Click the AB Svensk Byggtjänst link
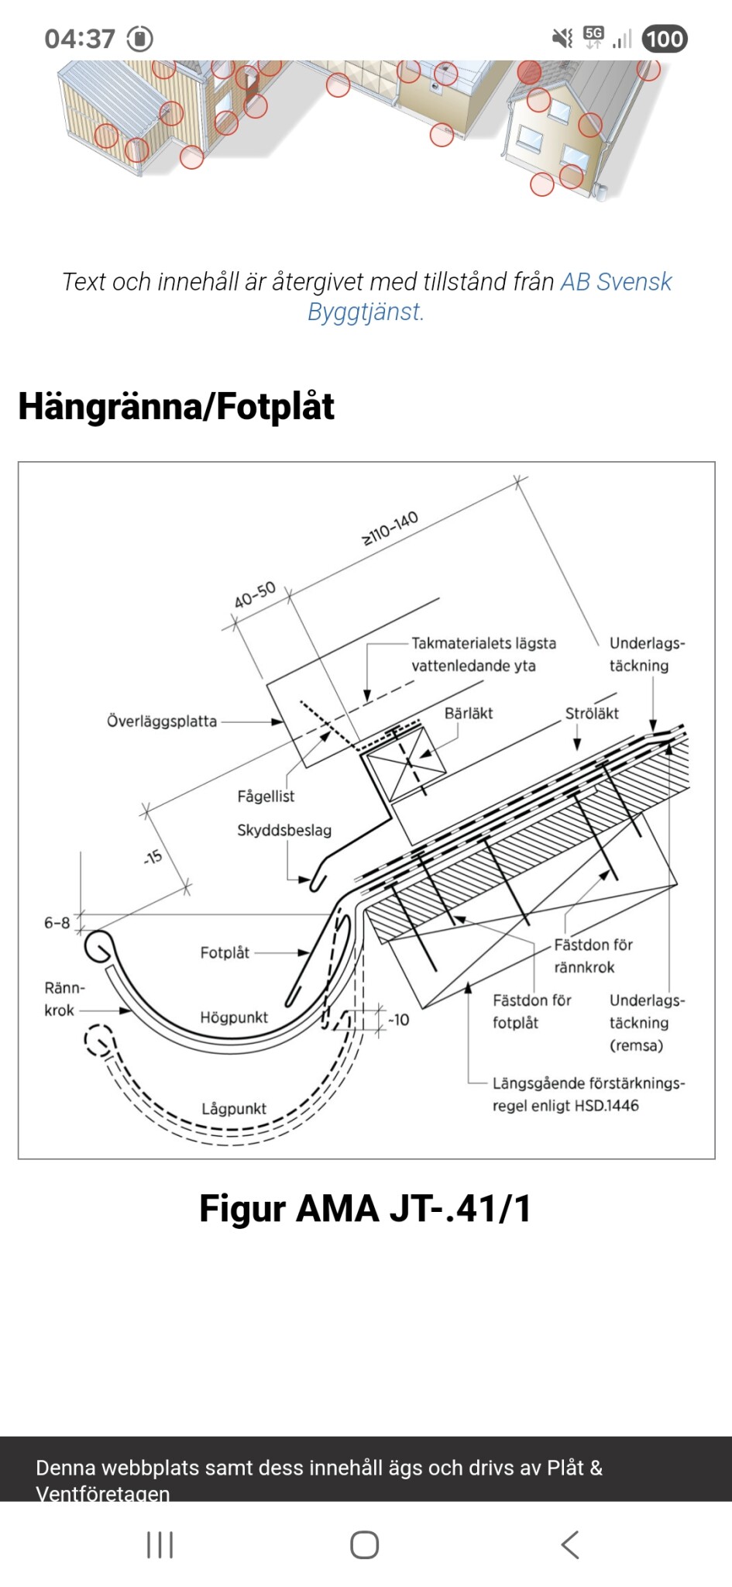(615, 282)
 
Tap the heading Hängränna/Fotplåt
(176, 406)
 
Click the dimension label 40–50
(255, 595)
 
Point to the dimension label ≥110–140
(390, 528)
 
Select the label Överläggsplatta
(161, 721)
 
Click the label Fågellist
(266, 796)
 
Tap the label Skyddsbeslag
(284, 830)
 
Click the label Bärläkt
(468, 713)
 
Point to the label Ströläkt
(591, 713)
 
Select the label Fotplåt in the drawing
(225, 952)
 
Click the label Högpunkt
(233, 1017)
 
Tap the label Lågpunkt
(233, 1109)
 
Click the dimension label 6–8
(57, 922)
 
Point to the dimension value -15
(153, 856)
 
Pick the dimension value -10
(398, 1020)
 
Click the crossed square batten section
(407, 763)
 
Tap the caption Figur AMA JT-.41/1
(366, 1208)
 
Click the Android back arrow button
(570, 1544)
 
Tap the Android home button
(365, 1544)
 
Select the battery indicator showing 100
(665, 39)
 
